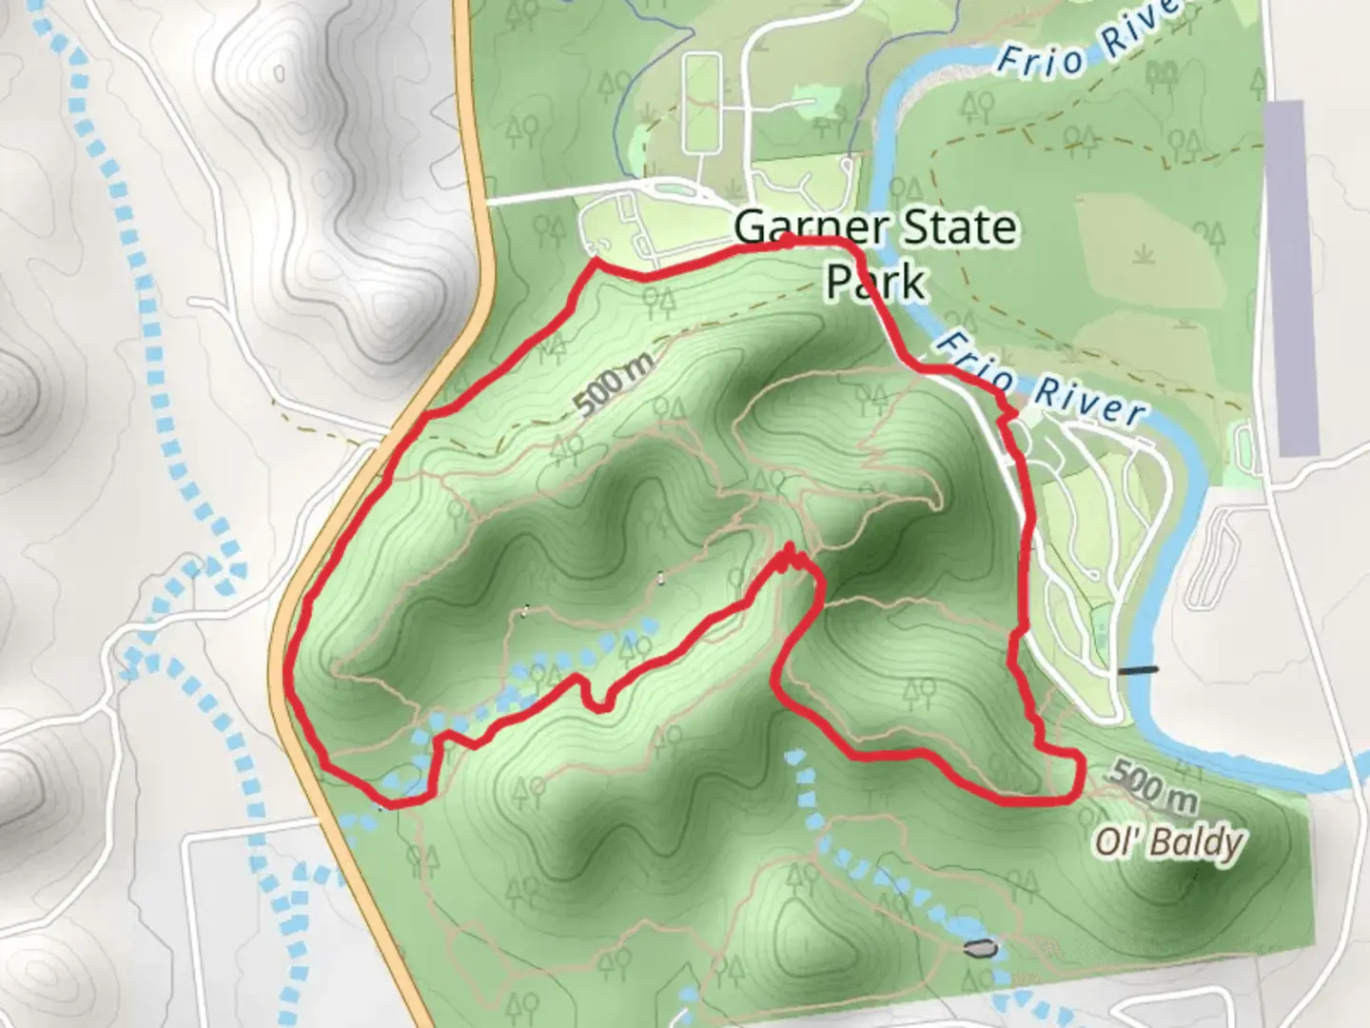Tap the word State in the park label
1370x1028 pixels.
(959, 228)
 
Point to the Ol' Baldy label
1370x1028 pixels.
(1168, 841)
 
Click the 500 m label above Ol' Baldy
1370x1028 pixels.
(1151, 784)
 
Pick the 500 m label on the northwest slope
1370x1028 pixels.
(615, 384)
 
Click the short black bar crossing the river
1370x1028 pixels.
(1138, 670)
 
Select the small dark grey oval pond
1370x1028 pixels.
(981, 947)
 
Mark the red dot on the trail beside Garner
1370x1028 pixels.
(788, 240)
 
